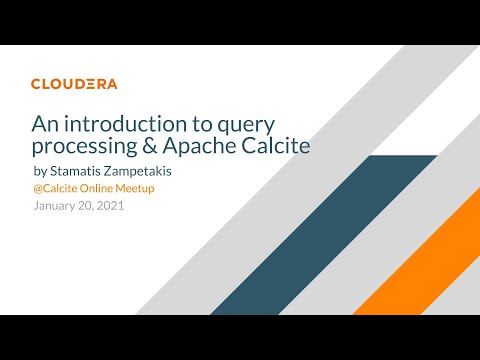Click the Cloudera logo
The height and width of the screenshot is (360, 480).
(x=73, y=84)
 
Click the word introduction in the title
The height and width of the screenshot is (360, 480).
(x=124, y=124)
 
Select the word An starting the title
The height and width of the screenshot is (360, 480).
(x=44, y=124)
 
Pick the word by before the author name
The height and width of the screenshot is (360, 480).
(x=40, y=172)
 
